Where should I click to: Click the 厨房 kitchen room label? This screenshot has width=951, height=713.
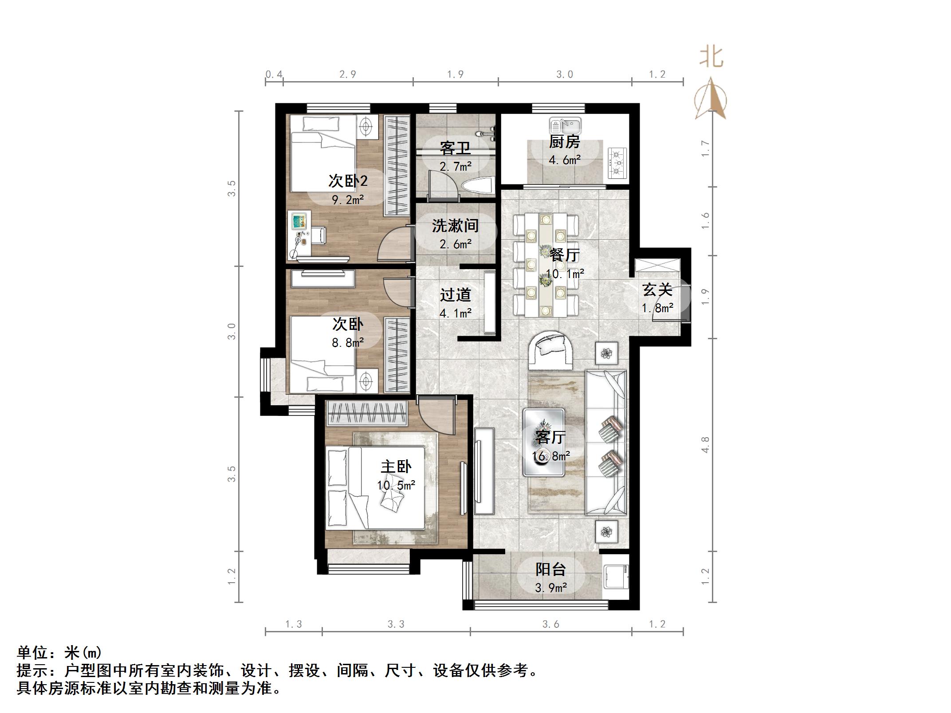point(564,142)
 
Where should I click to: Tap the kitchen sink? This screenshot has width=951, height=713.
point(565,125)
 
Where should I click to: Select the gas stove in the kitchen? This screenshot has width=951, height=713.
point(617,163)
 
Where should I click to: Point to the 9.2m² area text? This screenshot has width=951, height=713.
point(348,200)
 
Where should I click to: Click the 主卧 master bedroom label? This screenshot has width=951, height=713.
point(396,467)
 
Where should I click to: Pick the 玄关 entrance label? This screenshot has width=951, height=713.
point(657,290)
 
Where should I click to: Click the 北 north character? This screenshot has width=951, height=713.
point(711,58)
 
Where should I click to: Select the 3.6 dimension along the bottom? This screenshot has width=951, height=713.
point(550,624)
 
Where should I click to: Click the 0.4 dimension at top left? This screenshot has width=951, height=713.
point(274,74)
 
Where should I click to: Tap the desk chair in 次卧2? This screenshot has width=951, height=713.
point(318,235)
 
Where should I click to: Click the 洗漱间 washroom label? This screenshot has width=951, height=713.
point(456,226)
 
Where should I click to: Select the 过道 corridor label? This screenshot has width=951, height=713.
point(456,295)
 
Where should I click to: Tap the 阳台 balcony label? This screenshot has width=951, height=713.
point(550,569)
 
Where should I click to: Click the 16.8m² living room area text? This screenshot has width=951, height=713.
point(551,456)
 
